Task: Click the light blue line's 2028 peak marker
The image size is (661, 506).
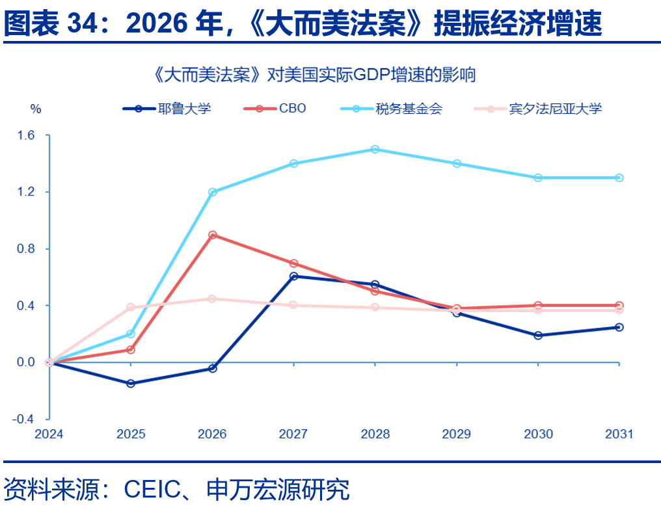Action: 375,150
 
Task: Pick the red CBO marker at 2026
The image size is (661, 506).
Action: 212,235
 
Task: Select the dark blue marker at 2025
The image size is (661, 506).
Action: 131,384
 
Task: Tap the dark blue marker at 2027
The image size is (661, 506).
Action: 293,276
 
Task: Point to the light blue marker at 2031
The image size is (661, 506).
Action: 619,178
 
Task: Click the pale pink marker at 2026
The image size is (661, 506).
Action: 212,299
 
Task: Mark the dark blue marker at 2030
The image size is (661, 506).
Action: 538,336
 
